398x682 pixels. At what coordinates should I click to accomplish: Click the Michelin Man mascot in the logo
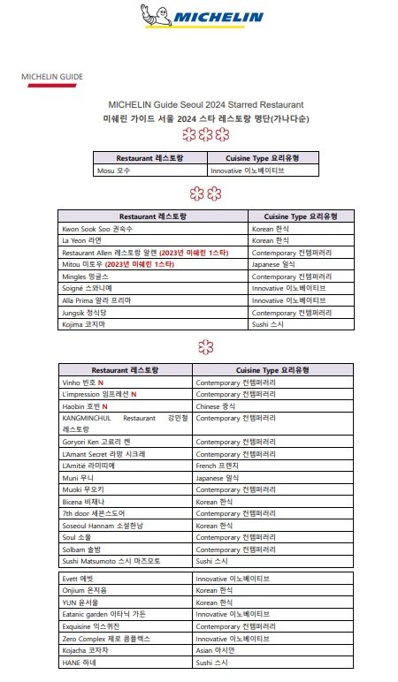coord(151,15)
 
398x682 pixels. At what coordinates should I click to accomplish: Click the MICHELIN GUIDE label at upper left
coord(52,78)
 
